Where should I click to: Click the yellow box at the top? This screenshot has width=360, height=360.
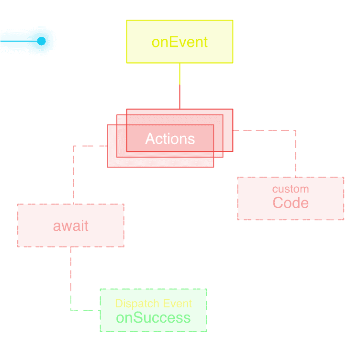[180, 42]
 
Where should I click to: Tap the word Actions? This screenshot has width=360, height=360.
[170, 139]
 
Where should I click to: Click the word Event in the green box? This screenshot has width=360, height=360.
[178, 304]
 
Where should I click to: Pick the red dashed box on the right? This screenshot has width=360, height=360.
[291, 199]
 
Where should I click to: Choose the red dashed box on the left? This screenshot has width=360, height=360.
[71, 225]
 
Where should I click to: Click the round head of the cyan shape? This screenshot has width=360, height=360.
[40, 40]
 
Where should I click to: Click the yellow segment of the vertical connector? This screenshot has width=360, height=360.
[180, 74]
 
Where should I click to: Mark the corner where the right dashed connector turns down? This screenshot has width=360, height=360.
[295, 130]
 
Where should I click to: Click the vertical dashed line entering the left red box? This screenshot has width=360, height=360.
[73, 175]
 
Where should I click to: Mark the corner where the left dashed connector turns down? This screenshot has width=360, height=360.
[73, 146]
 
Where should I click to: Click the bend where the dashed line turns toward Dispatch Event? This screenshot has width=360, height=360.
[71, 310]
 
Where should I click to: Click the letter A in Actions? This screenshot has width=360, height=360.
[150, 139]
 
